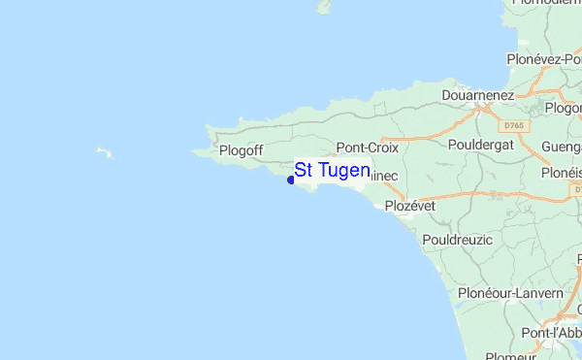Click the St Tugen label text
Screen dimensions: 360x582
[x=332, y=171]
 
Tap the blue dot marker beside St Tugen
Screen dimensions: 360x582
[x=291, y=180]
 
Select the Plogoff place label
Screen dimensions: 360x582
[x=242, y=150]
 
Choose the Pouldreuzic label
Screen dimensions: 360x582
[x=458, y=239]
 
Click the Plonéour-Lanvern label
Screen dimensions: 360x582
[x=510, y=292]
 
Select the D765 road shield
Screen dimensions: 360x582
[x=514, y=125]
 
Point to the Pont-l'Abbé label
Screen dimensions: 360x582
[x=551, y=333]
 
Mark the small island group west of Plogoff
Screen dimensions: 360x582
[x=102, y=152]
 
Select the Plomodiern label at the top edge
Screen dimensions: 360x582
[x=544, y=4]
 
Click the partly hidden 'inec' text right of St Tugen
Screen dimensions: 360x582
[x=383, y=176]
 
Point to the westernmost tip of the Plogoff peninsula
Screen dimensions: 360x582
[x=193, y=151]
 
